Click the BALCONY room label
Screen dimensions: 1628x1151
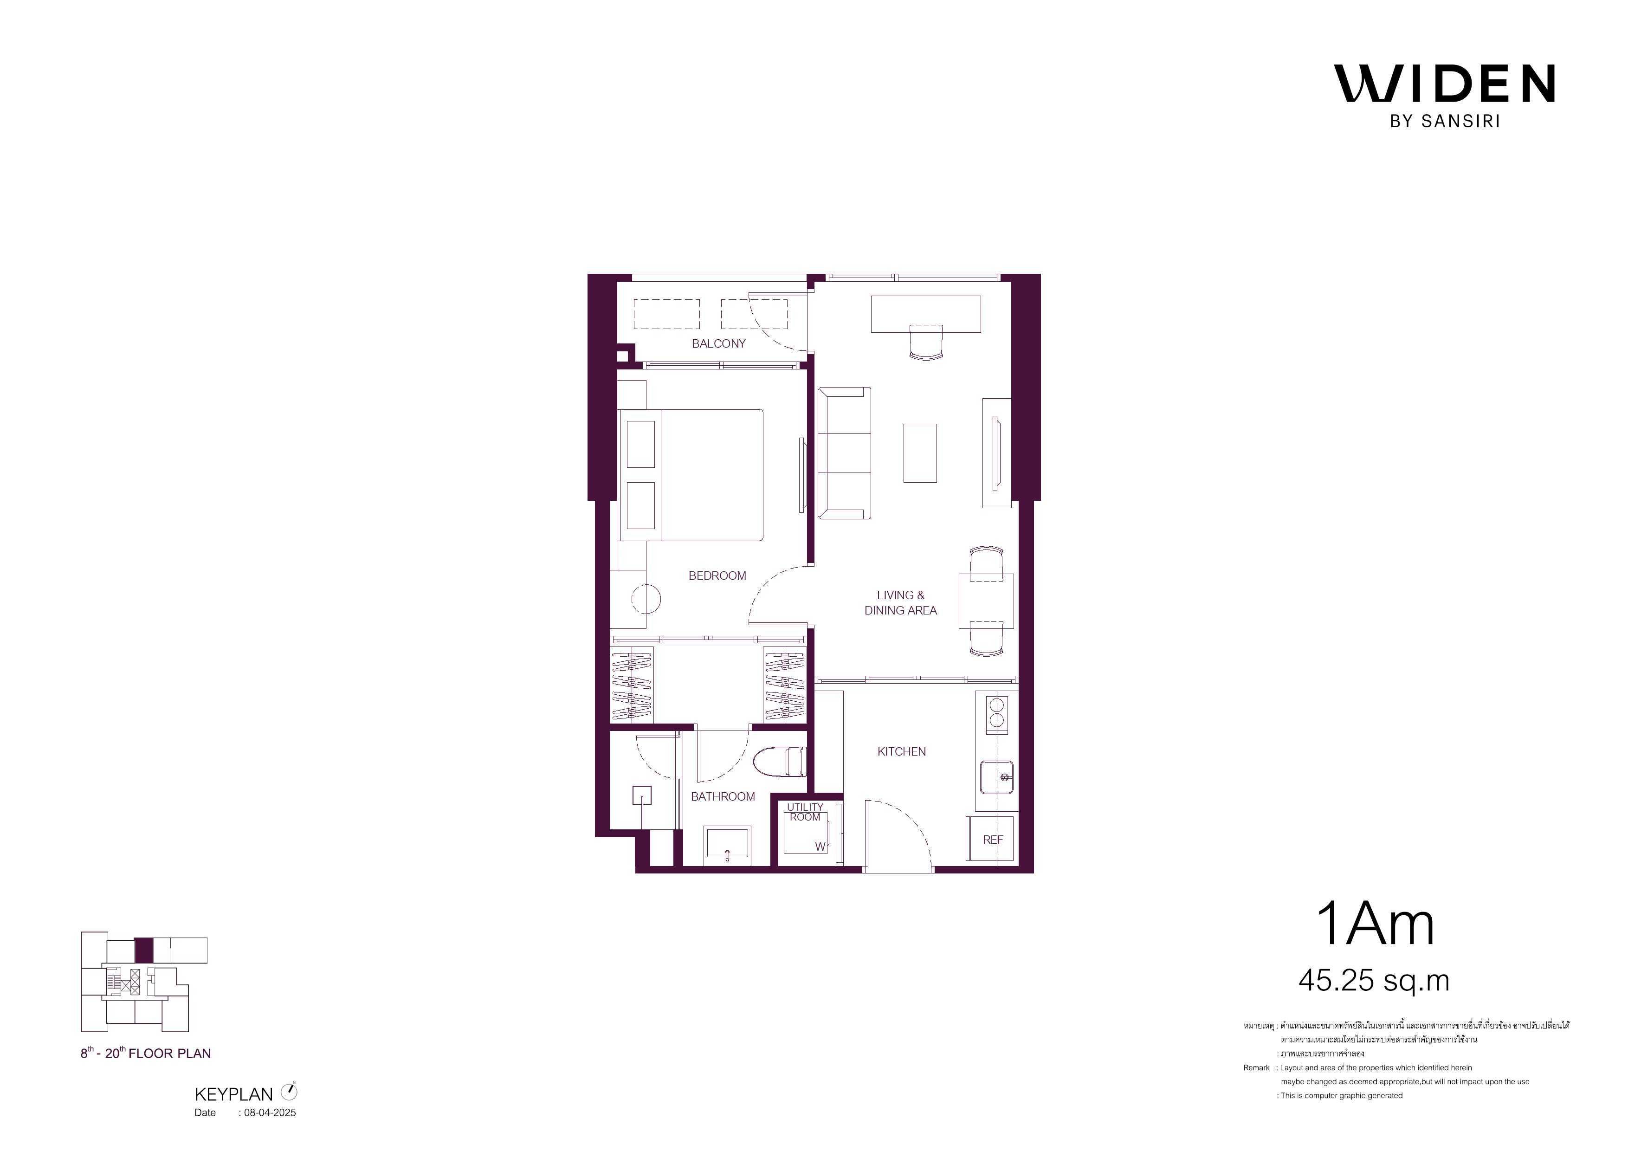pyautogui.click(x=718, y=344)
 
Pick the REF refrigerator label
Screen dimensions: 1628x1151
pyautogui.click(x=993, y=840)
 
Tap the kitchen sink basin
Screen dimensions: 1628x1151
pyautogui.click(x=996, y=777)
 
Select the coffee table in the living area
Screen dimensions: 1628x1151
pyautogui.click(x=920, y=453)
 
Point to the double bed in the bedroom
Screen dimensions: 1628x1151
pyautogui.click(x=691, y=474)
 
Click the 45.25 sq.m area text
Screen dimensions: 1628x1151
pyautogui.click(x=1373, y=981)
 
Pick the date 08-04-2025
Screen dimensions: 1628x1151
pyautogui.click(x=270, y=1112)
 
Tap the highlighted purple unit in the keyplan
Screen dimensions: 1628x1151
pyautogui.click(x=144, y=951)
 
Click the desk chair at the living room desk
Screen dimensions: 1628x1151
pyautogui.click(x=925, y=343)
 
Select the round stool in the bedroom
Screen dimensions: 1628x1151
pyautogui.click(x=646, y=599)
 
